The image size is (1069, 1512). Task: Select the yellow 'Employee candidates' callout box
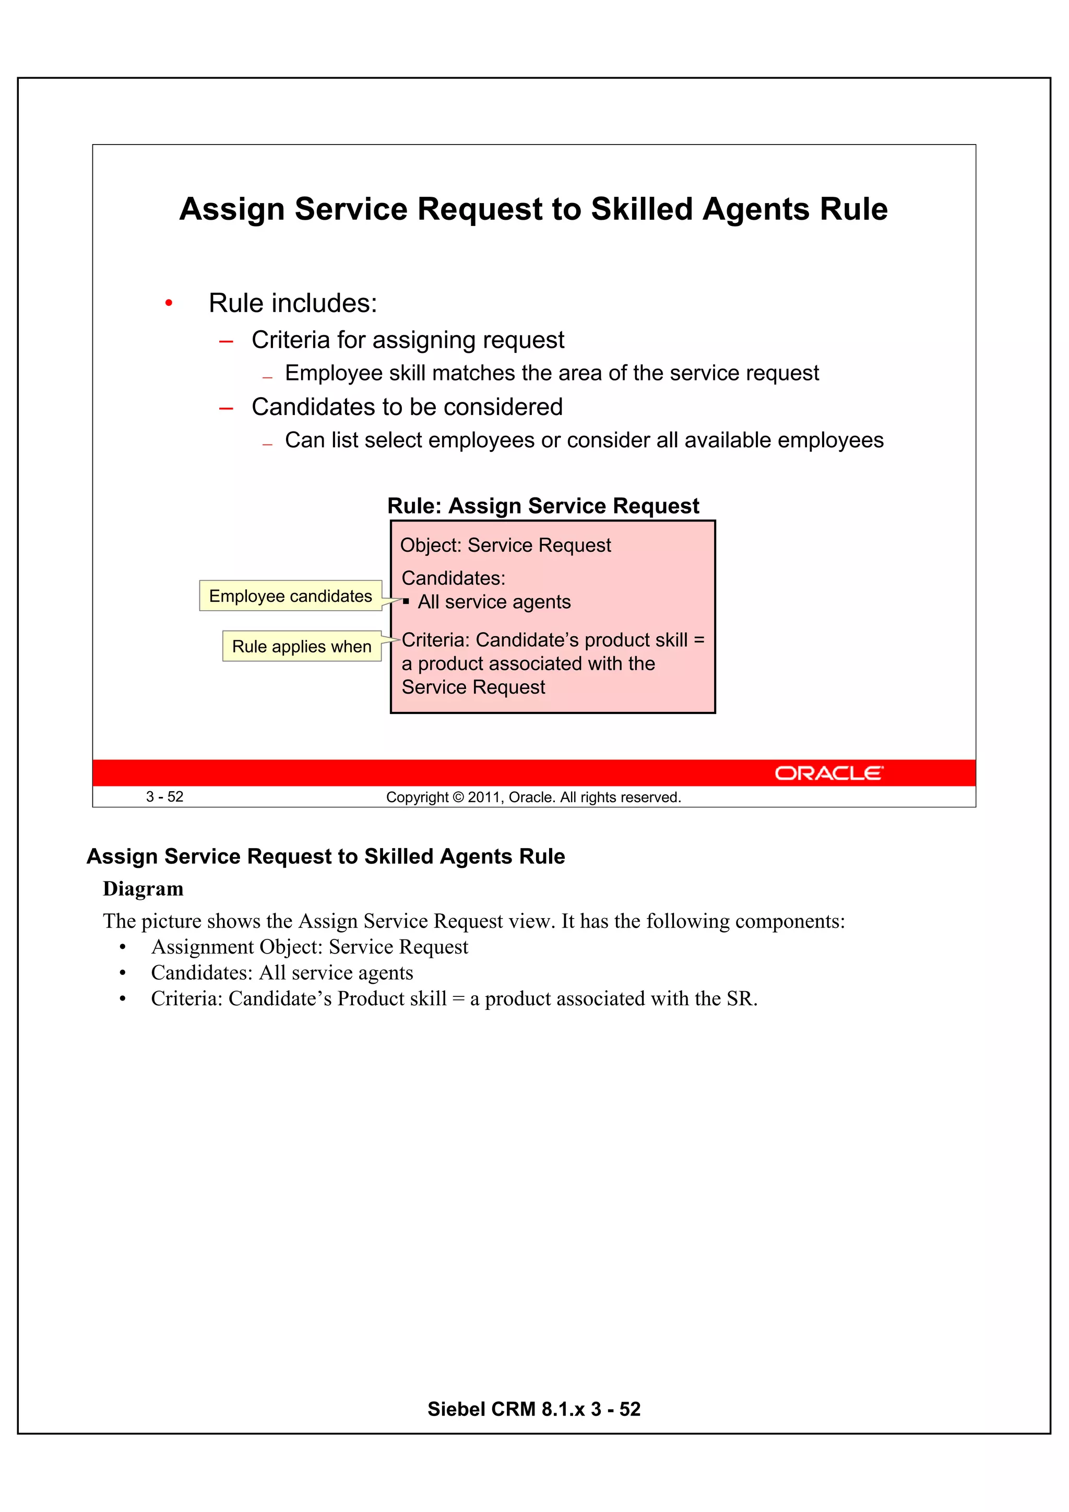point(290,596)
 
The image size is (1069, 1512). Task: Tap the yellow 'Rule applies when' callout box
point(302,647)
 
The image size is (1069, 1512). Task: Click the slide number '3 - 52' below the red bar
point(164,797)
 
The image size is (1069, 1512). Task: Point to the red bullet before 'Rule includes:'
point(169,304)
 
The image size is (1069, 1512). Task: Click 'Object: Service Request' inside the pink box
point(505,545)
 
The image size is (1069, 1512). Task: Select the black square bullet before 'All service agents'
point(407,601)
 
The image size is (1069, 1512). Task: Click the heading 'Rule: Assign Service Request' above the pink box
point(543,506)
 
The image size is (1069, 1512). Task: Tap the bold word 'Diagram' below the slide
point(143,889)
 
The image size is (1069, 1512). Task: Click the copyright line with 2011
point(533,797)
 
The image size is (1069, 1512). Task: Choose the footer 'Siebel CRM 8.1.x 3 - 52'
point(533,1409)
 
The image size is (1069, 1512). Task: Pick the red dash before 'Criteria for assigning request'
point(226,342)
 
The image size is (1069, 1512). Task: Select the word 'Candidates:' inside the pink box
point(453,578)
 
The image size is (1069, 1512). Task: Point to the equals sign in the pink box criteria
point(699,640)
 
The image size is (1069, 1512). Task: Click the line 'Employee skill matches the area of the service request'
point(551,373)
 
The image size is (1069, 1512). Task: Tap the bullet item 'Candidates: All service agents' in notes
point(282,973)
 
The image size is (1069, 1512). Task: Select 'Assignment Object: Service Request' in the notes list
point(310,947)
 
